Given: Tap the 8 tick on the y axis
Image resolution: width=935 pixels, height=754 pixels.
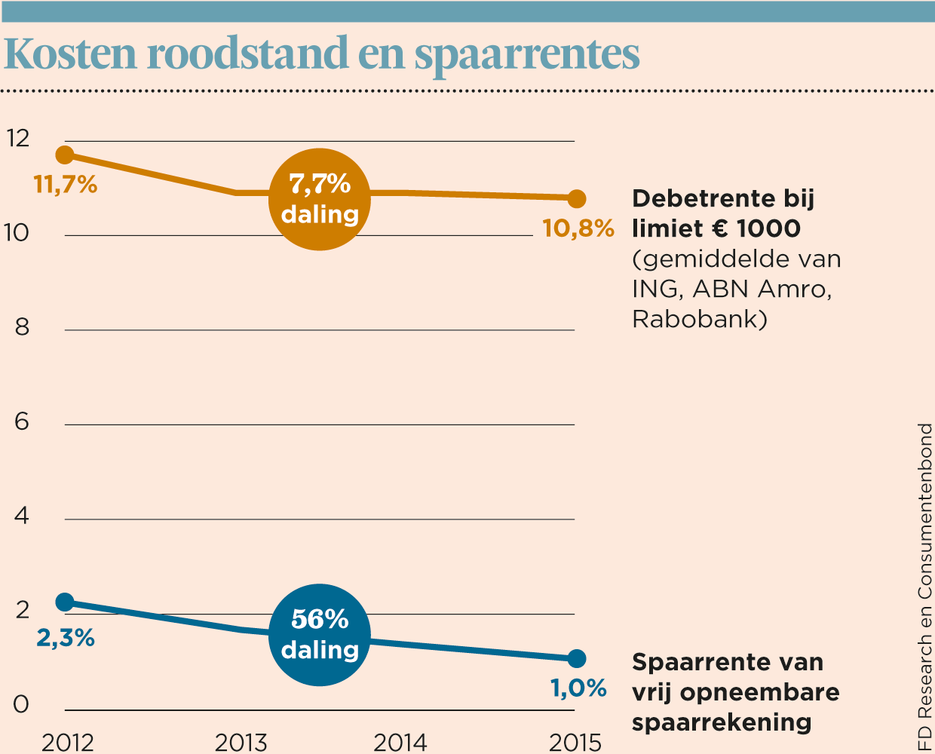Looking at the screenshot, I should pyautogui.click(x=22, y=327).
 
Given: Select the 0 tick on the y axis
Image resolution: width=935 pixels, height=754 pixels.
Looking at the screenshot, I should pyautogui.click(x=21, y=704).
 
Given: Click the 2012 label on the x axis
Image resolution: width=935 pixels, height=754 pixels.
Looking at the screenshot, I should pyautogui.click(x=68, y=742).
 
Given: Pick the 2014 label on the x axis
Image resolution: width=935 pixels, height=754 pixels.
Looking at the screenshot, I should pyautogui.click(x=400, y=742).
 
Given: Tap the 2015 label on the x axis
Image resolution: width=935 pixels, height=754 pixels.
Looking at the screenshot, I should pyautogui.click(x=575, y=742).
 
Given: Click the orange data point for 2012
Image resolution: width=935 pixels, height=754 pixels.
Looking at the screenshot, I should pyautogui.click(x=65, y=155).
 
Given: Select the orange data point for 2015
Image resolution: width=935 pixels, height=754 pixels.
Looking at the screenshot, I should pyautogui.click(x=577, y=199).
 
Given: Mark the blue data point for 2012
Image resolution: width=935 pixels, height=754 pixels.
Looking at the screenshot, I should pyautogui.click(x=65, y=602).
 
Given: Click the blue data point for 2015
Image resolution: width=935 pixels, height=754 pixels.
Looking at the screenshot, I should pyautogui.click(x=577, y=658).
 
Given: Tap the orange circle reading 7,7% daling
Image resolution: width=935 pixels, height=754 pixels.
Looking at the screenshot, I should pyautogui.click(x=320, y=199).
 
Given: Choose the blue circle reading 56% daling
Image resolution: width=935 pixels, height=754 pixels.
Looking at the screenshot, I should pyautogui.click(x=320, y=635).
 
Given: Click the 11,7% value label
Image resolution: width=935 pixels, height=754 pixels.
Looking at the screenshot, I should pyautogui.click(x=66, y=184).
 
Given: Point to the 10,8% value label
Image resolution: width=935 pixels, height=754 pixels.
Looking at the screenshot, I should pyautogui.click(x=578, y=228).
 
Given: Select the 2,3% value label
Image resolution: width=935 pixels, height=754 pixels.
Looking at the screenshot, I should pyautogui.click(x=66, y=638).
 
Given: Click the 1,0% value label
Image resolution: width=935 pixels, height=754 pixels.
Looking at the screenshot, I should pyautogui.click(x=578, y=688).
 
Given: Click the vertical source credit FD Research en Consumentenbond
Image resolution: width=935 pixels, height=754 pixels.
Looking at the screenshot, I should pyautogui.click(x=924, y=588).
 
